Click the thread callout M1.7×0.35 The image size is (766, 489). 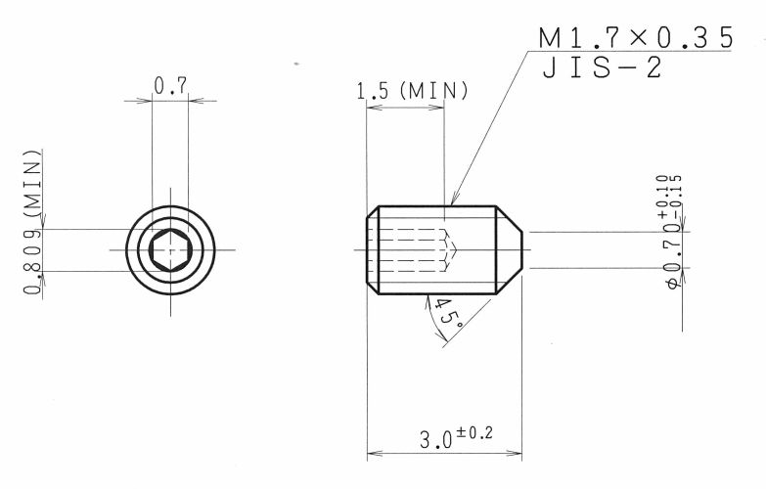pos(636,37)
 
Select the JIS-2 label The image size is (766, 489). pos(603,67)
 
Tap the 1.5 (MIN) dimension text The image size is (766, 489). pos(412,91)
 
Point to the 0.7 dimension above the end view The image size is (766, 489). pos(170,85)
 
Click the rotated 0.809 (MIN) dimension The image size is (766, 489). pos(32,221)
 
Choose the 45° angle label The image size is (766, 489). pos(448,313)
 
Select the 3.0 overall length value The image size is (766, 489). pos(435,440)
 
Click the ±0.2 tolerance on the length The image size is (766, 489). pos(474,432)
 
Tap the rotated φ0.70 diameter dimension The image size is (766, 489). pos(674,255)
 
